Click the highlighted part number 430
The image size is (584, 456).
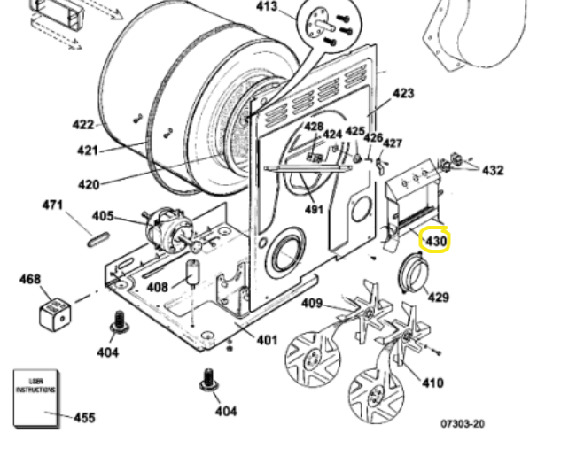point(437,241)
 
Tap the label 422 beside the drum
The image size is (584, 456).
point(83,125)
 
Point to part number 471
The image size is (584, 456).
point(53,205)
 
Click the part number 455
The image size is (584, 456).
point(84,418)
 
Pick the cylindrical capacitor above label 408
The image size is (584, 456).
point(191,274)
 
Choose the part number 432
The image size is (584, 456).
point(492,170)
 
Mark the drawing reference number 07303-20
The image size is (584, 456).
point(463,424)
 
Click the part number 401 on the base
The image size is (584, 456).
point(267,340)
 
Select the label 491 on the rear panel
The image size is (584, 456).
point(313,210)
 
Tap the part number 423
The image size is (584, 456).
point(403,93)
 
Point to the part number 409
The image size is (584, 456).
point(312,304)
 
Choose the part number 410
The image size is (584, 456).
point(432,383)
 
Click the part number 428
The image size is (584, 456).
point(314,127)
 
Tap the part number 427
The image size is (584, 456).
point(392,143)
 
